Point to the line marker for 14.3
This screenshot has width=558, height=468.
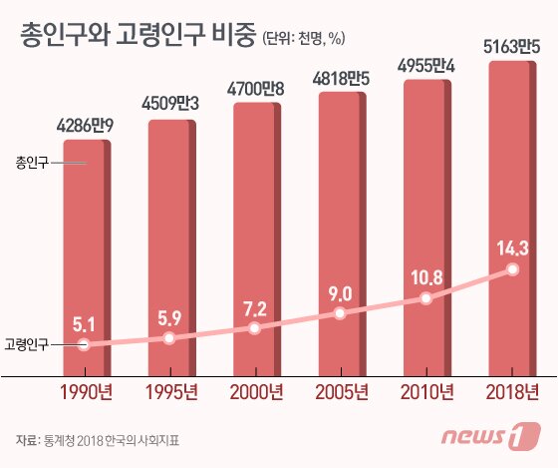513,268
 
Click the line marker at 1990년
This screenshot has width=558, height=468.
84,344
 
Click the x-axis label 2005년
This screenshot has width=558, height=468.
341,390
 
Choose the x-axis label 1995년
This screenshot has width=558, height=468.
169,390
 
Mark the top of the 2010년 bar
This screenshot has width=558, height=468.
426,81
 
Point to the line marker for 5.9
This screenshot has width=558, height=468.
169,338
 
